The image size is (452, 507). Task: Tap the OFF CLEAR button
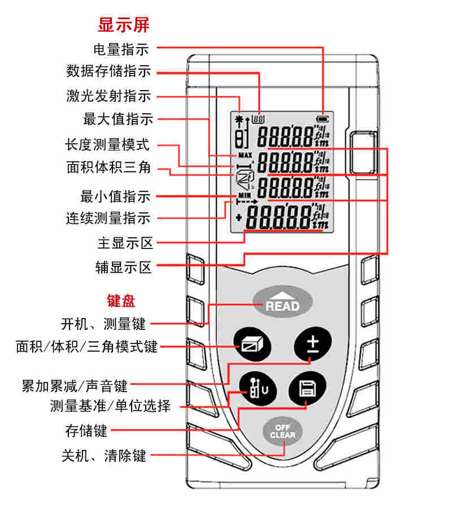(282, 432)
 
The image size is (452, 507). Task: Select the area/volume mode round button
(252, 344)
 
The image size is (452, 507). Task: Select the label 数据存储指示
(108, 72)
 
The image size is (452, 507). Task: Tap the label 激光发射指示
(108, 96)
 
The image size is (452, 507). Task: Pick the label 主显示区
(125, 244)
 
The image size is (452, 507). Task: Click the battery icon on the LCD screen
(323, 119)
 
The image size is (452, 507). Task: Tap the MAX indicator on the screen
(244, 155)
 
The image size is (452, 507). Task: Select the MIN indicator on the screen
(244, 195)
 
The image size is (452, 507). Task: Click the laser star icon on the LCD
(239, 119)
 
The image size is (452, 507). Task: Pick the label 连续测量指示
(108, 218)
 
